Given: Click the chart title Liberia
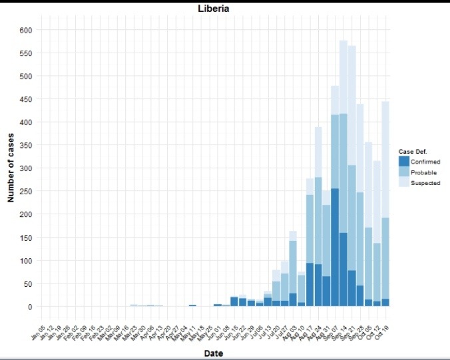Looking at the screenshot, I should point(214,9).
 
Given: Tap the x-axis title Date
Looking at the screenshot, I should point(214,353).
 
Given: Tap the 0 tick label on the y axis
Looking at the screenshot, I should point(30,307).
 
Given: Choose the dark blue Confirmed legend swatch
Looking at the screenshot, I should point(403,162).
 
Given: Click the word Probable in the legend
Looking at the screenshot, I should point(423,172).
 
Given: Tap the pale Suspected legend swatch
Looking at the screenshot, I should point(403,183).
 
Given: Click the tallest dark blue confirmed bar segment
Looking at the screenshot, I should point(335,246).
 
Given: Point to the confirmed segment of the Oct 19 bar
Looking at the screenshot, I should point(385,303).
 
